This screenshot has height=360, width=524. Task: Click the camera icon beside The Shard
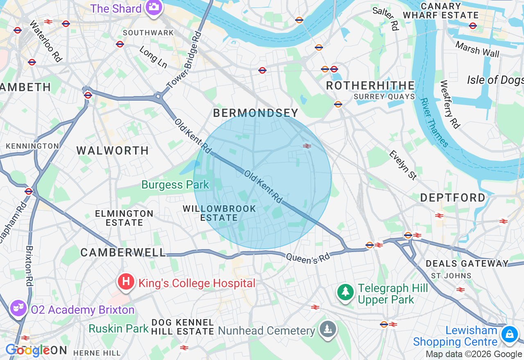[x=154, y=7]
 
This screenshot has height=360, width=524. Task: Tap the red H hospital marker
[x=126, y=282]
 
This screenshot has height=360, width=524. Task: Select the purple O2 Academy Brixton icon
[x=18, y=308]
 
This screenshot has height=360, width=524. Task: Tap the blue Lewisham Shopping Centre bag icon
[x=509, y=334]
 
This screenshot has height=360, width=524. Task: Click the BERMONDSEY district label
[x=256, y=113]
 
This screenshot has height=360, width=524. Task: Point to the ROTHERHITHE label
[x=370, y=85]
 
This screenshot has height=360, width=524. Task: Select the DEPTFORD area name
[x=453, y=198]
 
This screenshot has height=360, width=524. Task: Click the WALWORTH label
[x=113, y=151]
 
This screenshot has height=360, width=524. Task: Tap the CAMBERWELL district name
[x=123, y=252]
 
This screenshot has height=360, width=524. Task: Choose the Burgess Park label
[x=175, y=185]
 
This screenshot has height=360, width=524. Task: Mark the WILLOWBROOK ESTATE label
[x=219, y=213]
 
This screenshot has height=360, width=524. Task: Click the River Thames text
[x=434, y=122]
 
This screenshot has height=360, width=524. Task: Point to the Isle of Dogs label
[x=495, y=80]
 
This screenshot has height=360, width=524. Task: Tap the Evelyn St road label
[x=403, y=165]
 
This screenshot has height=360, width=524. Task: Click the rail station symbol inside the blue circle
[x=307, y=146]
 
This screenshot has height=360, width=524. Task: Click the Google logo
[x=28, y=350]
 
